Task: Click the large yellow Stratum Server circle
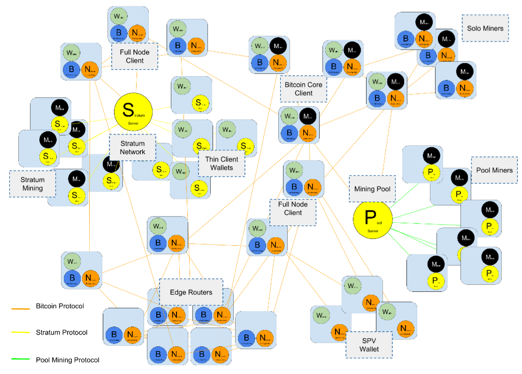click(133, 110)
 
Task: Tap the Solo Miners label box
click(485, 28)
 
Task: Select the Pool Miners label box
click(494, 170)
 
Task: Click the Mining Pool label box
click(372, 189)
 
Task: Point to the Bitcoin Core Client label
click(303, 89)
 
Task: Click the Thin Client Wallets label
click(222, 163)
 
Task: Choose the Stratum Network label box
click(132, 148)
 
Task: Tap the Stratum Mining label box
click(32, 184)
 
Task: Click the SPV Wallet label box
click(369, 345)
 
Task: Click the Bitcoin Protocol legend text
click(60, 306)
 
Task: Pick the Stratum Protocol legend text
click(61, 333)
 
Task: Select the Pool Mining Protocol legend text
click(68, 360)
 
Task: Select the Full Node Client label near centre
click(292, 209)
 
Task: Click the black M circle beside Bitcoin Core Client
click(307, 116)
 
